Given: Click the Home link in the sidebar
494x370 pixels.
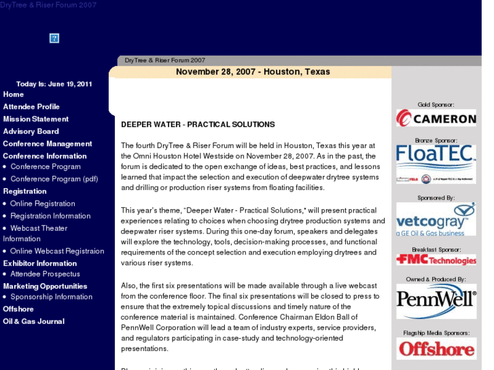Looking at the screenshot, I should point(14,94).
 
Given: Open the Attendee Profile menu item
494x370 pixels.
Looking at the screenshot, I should point(31,107).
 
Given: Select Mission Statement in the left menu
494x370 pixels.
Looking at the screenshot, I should point(36,119).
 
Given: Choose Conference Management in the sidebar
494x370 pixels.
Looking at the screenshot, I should point(48,143).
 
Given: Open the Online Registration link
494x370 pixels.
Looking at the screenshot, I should point(43,204).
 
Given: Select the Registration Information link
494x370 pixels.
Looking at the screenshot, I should point(50,216).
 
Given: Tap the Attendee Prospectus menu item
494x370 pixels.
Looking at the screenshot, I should point(45,274).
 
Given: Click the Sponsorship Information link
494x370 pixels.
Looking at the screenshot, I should point(51,297).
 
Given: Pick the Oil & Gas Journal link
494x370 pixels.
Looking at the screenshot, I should point(34,321).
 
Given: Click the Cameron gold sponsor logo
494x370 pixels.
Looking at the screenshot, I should point(436,118).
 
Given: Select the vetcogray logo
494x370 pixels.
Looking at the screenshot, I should point(436,219).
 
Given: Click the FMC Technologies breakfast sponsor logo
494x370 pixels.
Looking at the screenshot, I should point(436,260).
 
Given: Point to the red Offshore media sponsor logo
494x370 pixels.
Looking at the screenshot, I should point(436,349).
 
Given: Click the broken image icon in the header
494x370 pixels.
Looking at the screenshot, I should point(54,38).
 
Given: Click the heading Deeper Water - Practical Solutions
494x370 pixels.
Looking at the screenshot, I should point(198,125).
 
